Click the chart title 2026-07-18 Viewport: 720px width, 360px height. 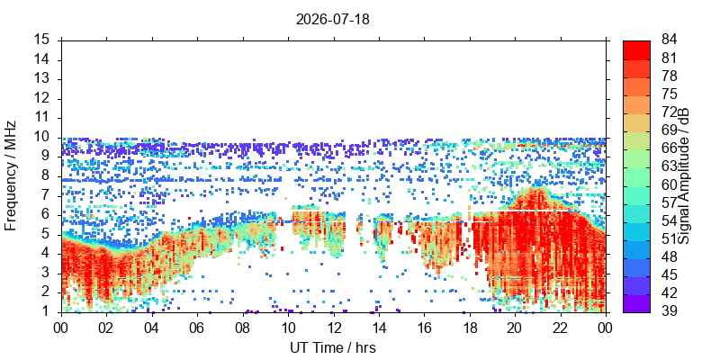click(332, 20)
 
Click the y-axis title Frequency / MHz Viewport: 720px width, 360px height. click(11, 175)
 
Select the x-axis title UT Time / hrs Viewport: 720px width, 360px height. click(333, 347)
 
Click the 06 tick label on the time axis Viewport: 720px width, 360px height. click(197, 328)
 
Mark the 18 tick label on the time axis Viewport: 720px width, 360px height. click(470, 328)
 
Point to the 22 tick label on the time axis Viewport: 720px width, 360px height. click(561, 328)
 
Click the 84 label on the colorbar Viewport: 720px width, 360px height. click(669, 40)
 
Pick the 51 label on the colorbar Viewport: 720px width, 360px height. click(669, 238)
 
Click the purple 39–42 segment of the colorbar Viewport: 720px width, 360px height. click(636, 303)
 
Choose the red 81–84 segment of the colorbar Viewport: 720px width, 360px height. click(636, 49)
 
